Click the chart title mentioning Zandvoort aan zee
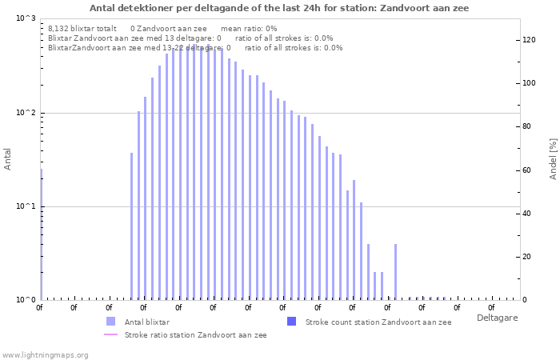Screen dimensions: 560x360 click(x=279, y=8)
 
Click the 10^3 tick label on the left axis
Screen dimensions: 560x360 click(x=26, y=18)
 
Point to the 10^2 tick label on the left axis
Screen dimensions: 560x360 click(x=26, y=113)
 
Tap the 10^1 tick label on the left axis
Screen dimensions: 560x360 click(x=26, y=206)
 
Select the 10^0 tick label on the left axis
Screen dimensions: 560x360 click(x=26, y=300)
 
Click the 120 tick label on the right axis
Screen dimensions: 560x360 click(x=529, y=40)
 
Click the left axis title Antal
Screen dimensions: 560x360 click(x=7, y=159)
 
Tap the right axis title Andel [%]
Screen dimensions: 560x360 click(x=553, y=159)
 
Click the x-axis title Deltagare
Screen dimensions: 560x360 click(x=497, y=318)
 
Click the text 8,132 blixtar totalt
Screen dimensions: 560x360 click(x=82, y=29)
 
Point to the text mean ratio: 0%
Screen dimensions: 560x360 click(x=249, y=29)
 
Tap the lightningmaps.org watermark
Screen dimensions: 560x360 click(x=45, y=355)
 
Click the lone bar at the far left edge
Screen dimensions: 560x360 click(x=42, y=234)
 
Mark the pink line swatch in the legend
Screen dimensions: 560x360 click(x=110, y=334)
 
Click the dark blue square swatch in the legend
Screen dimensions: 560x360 click(x=291, y=322)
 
